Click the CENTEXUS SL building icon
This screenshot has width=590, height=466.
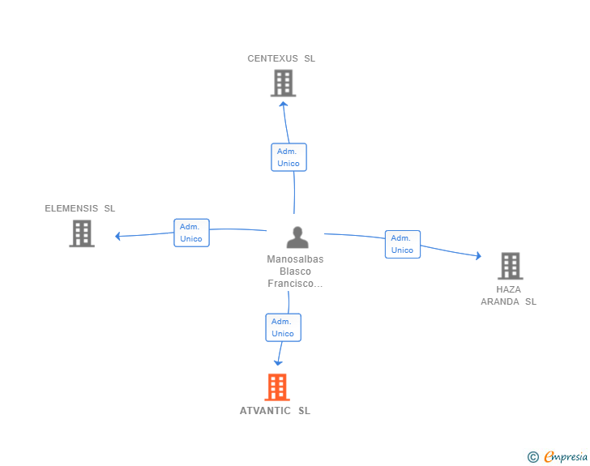tap(283, 83)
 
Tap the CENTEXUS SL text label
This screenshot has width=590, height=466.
tap(281, 58)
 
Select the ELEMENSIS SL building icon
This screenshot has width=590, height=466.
tap(82, 233)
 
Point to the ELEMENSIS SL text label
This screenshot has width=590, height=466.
tap(80, 208)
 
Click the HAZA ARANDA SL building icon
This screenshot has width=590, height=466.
tap(510, 265)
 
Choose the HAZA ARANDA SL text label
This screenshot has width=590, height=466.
tap(509, 295)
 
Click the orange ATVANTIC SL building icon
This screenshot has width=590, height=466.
tap(277, 387)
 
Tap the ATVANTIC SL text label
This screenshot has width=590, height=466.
tap(275, 411)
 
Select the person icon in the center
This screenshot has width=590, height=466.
tap(297, 237)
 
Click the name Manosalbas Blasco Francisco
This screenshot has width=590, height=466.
tap(295, 271)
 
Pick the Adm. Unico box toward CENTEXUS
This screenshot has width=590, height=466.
tap(289, 157)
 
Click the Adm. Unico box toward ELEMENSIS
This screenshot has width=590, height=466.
tap(191, 233)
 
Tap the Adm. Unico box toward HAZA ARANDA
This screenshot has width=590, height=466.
tap(402, 244)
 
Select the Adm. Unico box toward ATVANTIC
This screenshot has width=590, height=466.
tap(283, 327)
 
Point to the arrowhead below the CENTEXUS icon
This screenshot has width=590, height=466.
tap(283, 104)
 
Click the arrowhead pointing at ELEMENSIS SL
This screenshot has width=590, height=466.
tap(118, 237)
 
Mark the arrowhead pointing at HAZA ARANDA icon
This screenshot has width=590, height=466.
tap(477, 256)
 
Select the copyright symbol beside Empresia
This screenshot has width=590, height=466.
tap(533, 457)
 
